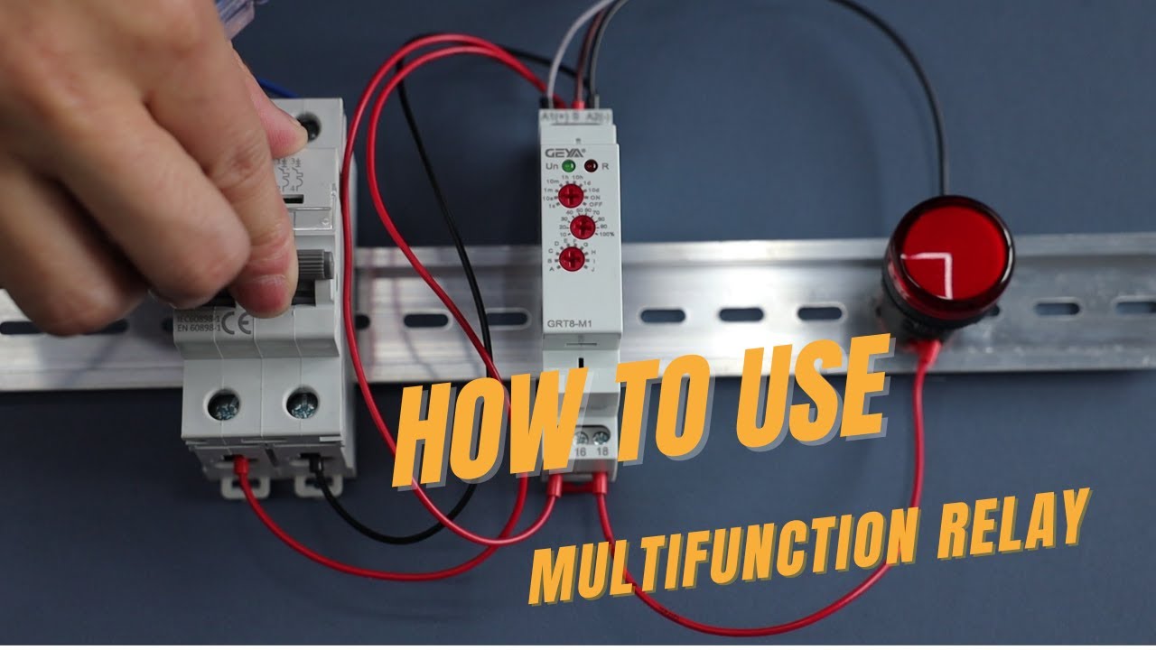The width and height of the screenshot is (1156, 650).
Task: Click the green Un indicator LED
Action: point(569,166)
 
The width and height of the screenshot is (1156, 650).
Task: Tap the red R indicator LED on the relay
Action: point(591,166)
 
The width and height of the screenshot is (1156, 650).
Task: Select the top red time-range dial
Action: point(570,196)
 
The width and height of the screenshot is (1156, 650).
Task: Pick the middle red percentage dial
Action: point(582,227)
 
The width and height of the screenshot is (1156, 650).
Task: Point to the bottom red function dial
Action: point(570,259)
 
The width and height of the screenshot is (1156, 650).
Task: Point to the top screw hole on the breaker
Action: point(310,126)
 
